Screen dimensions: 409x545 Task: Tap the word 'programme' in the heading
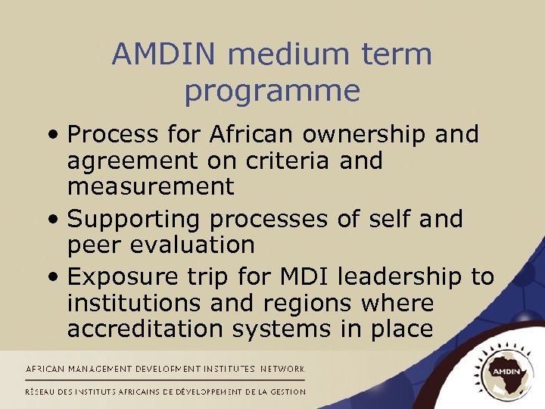272,91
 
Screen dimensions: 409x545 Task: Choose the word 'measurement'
151,186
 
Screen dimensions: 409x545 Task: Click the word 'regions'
310,304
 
